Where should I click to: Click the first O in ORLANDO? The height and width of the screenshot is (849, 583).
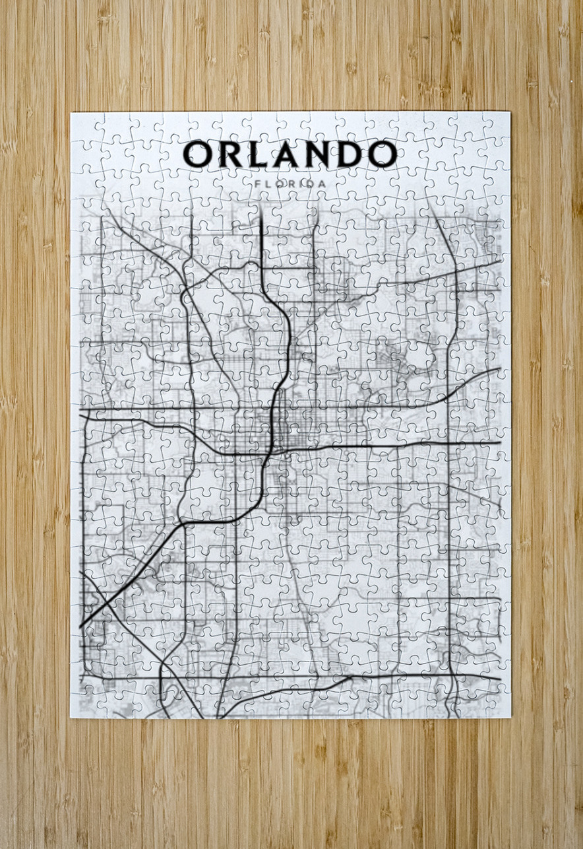(197, 154)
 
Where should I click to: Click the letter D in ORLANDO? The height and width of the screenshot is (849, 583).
(350, 154)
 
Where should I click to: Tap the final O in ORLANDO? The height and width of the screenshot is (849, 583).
(382, 154)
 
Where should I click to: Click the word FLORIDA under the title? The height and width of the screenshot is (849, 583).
(290, 182)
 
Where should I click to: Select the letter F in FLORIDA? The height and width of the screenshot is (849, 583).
(255, 182)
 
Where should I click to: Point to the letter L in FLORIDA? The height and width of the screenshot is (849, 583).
(267, 182)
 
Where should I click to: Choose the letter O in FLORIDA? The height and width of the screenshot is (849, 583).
(279, 182)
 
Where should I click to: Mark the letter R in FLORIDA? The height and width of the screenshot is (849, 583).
(291, 182)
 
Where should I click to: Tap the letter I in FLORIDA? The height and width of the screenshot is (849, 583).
(302, 182)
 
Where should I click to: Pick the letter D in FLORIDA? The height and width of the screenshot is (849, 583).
(312, 182)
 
